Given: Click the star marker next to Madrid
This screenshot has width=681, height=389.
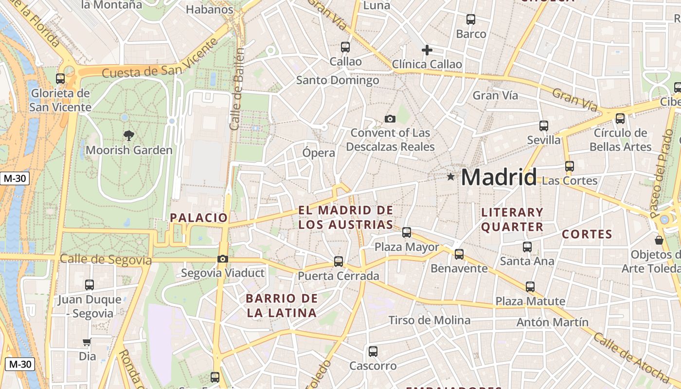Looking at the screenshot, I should click(451, 177).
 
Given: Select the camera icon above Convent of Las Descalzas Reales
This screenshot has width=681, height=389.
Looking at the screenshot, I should click(390, 119).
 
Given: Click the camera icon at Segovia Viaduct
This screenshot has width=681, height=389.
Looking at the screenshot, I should click(223, 259).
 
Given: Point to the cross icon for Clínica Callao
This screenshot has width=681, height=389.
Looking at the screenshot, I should click(427, 50).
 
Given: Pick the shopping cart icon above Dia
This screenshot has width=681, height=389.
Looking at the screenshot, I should click(87, 342).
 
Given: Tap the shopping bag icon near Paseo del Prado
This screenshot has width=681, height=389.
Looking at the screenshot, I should click(659, 240).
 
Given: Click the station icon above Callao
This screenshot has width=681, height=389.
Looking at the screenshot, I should click(345, 47).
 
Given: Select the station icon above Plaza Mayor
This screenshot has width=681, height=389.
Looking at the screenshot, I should click(407, 232).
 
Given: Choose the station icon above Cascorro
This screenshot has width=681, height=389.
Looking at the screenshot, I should click(373, 351).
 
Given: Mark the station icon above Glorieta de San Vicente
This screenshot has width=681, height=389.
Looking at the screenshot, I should click(60, 78).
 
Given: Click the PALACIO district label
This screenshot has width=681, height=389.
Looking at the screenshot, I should click(198, 218).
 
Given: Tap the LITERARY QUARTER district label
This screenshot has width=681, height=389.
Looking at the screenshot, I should click(512, 219).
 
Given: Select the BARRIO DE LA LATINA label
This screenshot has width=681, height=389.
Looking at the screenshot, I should click(282, 305).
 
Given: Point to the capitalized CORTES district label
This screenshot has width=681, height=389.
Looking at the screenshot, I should click(587, 234).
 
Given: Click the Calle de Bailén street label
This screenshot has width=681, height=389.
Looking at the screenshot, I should click(237, 89).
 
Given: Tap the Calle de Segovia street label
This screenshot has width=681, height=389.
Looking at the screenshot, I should click(106, 260).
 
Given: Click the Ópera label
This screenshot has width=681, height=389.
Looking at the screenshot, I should click(319, 153).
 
